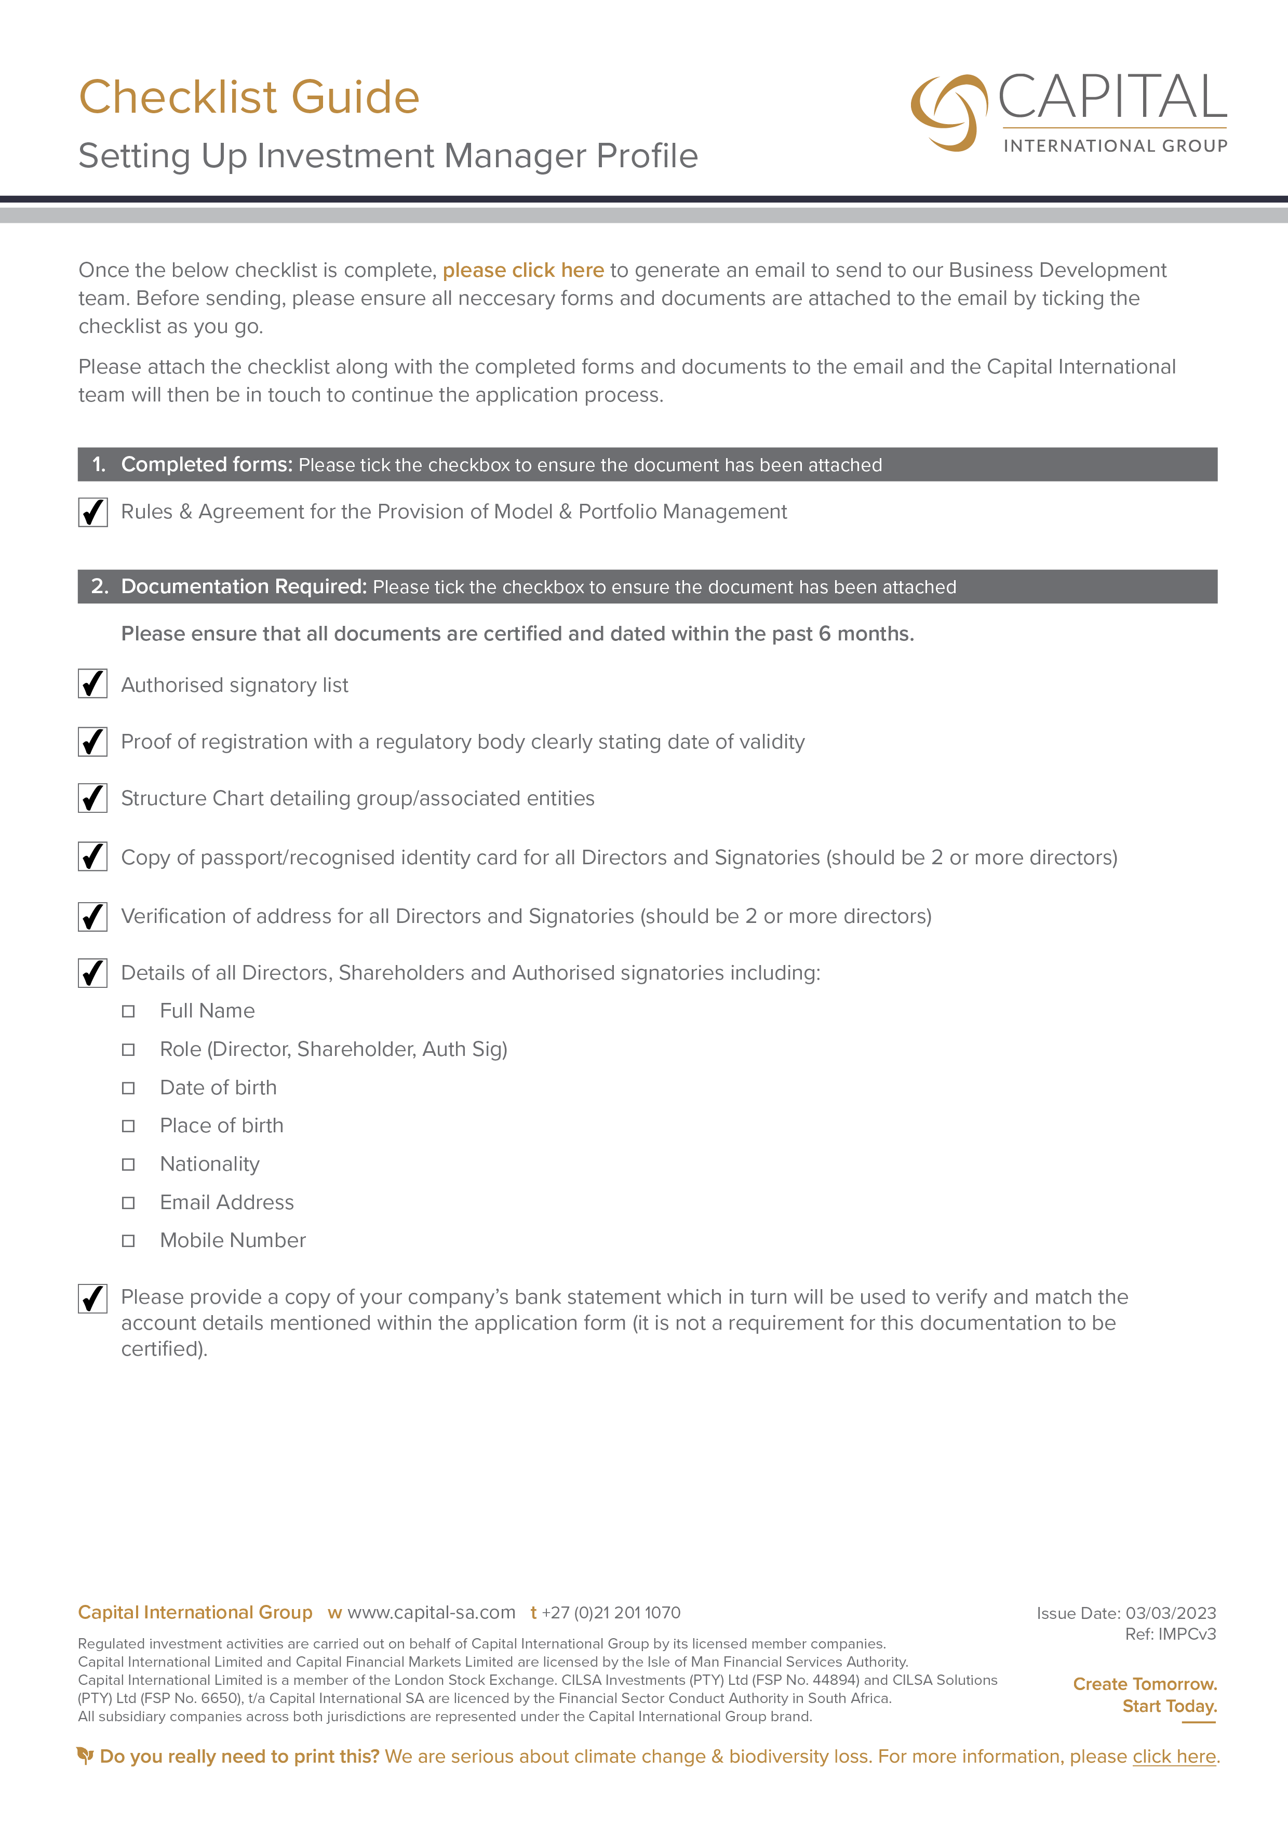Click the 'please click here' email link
pos(523,271)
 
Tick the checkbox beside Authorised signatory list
pos(93,684)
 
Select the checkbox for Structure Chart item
pos(93,798)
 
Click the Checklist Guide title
pos(248,98)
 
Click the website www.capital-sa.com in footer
pos(431,1613)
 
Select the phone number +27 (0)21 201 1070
pos(611,1613)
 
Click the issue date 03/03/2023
pos(1171,1613)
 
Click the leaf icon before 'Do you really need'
pos(85,1756)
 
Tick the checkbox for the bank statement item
pos(93,1299)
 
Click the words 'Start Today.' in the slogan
pos(1169,1706)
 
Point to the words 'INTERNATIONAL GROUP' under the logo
pos(1115,146)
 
